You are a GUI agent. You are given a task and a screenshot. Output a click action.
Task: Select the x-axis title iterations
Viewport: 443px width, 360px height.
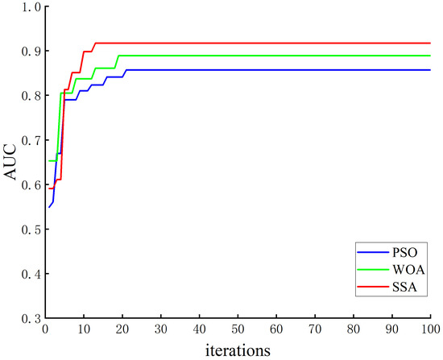237,350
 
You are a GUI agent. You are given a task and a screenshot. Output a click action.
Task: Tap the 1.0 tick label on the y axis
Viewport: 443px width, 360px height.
31,7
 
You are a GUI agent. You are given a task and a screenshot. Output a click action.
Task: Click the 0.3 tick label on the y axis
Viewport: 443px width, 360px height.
31,319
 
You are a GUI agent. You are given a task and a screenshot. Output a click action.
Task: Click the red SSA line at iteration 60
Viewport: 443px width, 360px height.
275,43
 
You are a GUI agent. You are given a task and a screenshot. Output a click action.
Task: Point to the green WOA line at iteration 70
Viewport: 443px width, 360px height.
314,56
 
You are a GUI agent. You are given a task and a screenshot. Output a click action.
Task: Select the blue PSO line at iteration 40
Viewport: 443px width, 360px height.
199,70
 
